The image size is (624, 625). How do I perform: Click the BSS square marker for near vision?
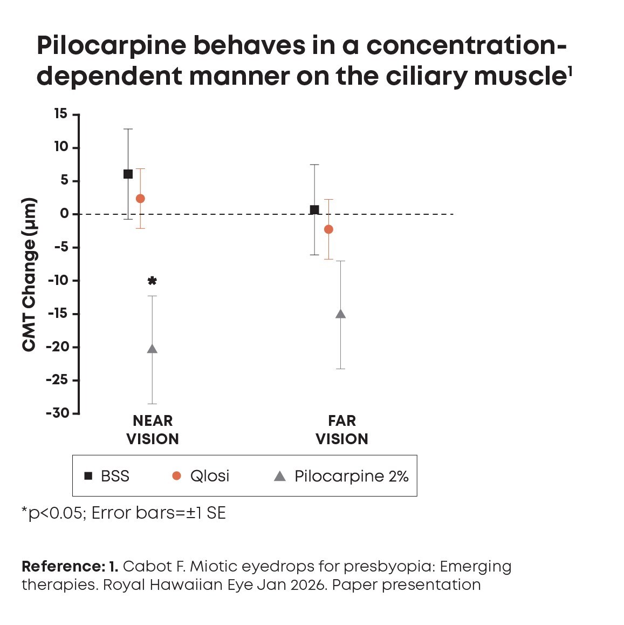pos(128,174)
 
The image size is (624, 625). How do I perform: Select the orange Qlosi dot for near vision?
pos(140,199)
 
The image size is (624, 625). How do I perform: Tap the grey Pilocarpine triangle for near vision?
pos(152,349)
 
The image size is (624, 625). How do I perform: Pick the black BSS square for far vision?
pos(314,209)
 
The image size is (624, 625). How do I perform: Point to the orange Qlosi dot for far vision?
pos(328,229)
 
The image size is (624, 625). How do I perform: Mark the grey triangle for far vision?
pos(340,314)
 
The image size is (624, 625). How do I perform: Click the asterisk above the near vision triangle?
pos(152,281)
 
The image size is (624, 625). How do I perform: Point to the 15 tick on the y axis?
pos(60,114)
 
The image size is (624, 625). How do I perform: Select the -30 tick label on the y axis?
pos(58,413)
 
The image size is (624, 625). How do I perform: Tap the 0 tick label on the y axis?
pos(65,214)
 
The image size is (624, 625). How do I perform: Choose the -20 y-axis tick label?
pos(58,347)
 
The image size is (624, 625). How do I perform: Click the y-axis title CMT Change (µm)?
pos(29,275)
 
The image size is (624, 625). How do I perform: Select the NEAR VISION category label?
pos(153,430)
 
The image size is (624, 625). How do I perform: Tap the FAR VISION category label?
pos(342,430)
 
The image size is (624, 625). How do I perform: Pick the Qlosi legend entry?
pos(201,476)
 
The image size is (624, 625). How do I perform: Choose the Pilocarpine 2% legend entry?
pos(341,476)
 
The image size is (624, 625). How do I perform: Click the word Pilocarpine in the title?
pos(110,46)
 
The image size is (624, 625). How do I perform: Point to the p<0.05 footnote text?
pos(54,513)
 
